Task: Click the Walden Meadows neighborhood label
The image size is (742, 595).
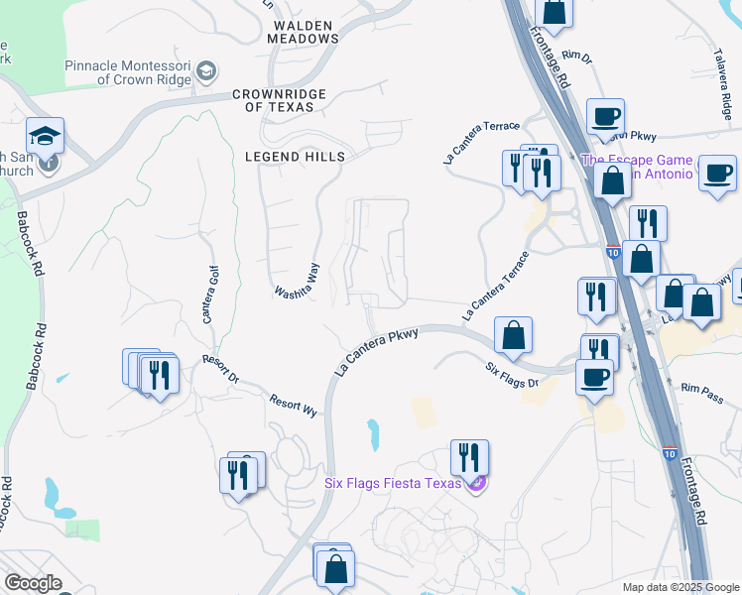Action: pyautogui.click(x=304, y=30)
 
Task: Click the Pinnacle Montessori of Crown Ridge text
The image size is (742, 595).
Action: pyautogui.click(x=128, y=72)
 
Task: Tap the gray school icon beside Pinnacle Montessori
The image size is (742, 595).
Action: pyautogui.click(x=205, y=70)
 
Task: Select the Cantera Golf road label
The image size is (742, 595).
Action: pyautogui.click(x=208, y=294)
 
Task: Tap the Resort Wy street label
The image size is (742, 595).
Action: pyautogui.click(x=293, y=405)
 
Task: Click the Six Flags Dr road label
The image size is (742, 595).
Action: pyautogui.click(x=512, y=375)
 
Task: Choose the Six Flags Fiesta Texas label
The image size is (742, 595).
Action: pyautogui.click(x=393, y=483)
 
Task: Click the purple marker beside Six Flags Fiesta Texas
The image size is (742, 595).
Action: pyautogui.click(x=477, y=483)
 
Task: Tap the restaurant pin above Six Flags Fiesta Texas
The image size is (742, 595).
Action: pyautogui.click(x=469, y=457)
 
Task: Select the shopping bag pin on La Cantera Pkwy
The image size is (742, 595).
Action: pyautogui.click(x=513, y=335)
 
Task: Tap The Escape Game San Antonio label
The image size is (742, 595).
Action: pyautogui.click(x=635, y=166)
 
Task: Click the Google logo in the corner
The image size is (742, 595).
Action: pyautogui.click(x=34, y=583)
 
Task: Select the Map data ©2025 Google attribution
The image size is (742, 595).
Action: pyautogui.click(x=680, y=587)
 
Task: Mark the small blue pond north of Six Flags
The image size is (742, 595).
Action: pyautogui.click(x=373, y=431)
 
